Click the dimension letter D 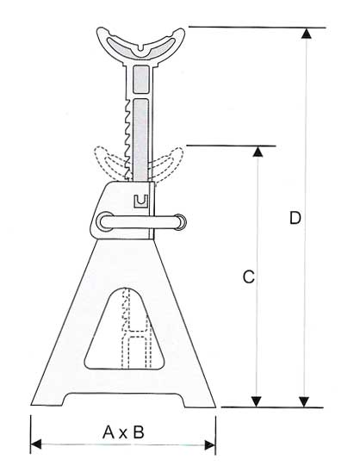tap(295, 218)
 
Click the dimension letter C tap(249, 276)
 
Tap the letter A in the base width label tap(109, 432)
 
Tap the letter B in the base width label tap(139, 432)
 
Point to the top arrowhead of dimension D tap(306, 33)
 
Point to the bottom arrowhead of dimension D tap(305, 402)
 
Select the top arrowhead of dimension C tap(258, 152)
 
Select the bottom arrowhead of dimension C tap(256, 402)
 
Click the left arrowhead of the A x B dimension tap(36, 444)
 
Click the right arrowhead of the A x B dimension tap(210, 444)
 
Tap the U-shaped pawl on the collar tap(140, 201)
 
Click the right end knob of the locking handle tap(180, 222)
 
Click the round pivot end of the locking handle tap(104, 222)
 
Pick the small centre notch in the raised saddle tap(141, 48)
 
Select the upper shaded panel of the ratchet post tap(141, 79)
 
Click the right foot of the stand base tap(199, 401)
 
